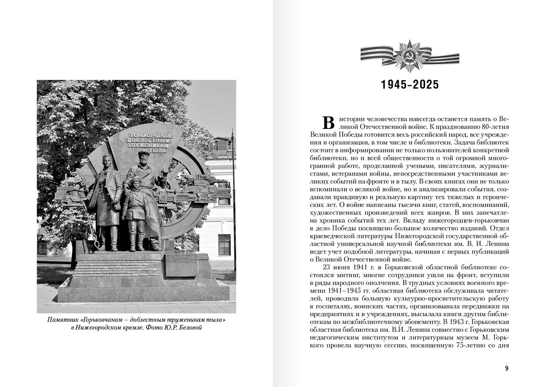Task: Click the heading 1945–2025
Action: coord(409,85)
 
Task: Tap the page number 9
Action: coord(507,369)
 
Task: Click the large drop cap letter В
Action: coord(328,123)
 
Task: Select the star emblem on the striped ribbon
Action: coord(409,56)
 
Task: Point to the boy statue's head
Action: coord(136,183)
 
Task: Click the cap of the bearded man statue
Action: coord(144,154)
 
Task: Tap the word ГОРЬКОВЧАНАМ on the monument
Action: coord(150,136)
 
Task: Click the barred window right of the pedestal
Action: coord(224,244)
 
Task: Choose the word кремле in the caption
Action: coord(131,327)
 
